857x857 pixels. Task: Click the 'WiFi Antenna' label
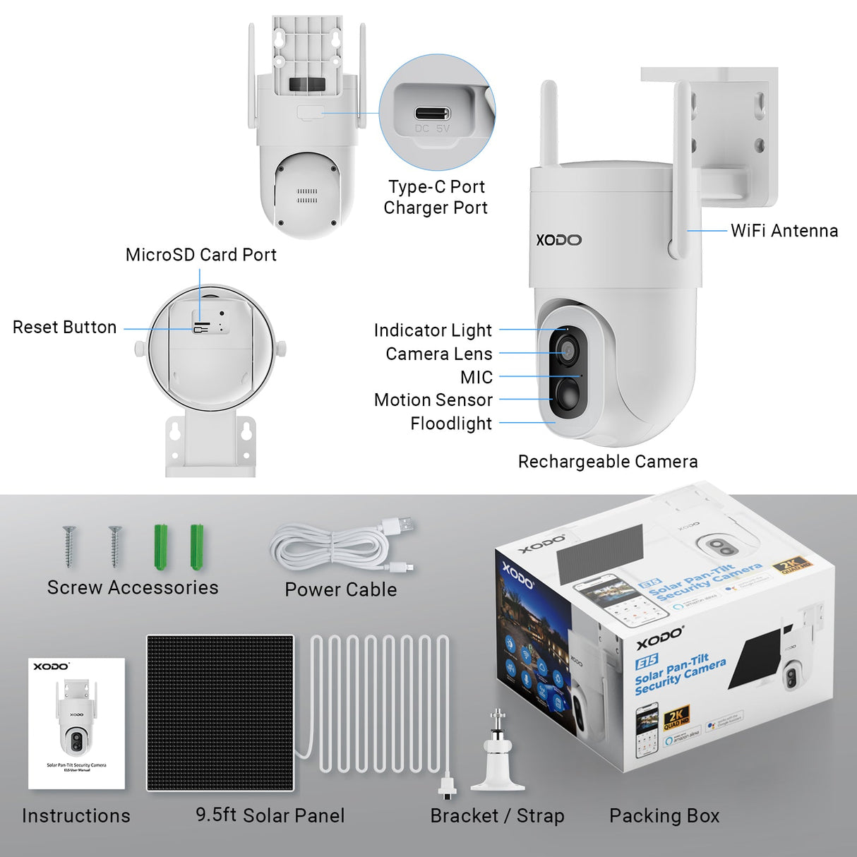pos(784,231)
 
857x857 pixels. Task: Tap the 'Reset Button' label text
pos(64,328)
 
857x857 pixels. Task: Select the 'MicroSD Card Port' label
pos(200,255)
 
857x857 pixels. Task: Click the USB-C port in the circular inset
pos(432,114)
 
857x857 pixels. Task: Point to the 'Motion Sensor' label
pos(433,400)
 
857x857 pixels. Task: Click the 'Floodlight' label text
pos(450,424)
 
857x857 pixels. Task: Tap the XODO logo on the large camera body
pos(558,240)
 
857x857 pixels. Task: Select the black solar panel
pos(220,712)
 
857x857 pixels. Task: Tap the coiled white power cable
pos(332,547)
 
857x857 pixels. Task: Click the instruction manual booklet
pos(76,724)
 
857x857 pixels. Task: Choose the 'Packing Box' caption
pos(664,816)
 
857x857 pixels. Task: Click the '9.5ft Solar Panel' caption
pos(270,815)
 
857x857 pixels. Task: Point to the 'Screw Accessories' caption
pos(133,587)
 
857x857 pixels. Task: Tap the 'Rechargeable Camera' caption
pos(607,462)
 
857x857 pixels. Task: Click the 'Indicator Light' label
pos(432,330)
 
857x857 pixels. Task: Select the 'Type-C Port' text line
pos(436,187)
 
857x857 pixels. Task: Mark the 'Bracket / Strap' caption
pos(497,816)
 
